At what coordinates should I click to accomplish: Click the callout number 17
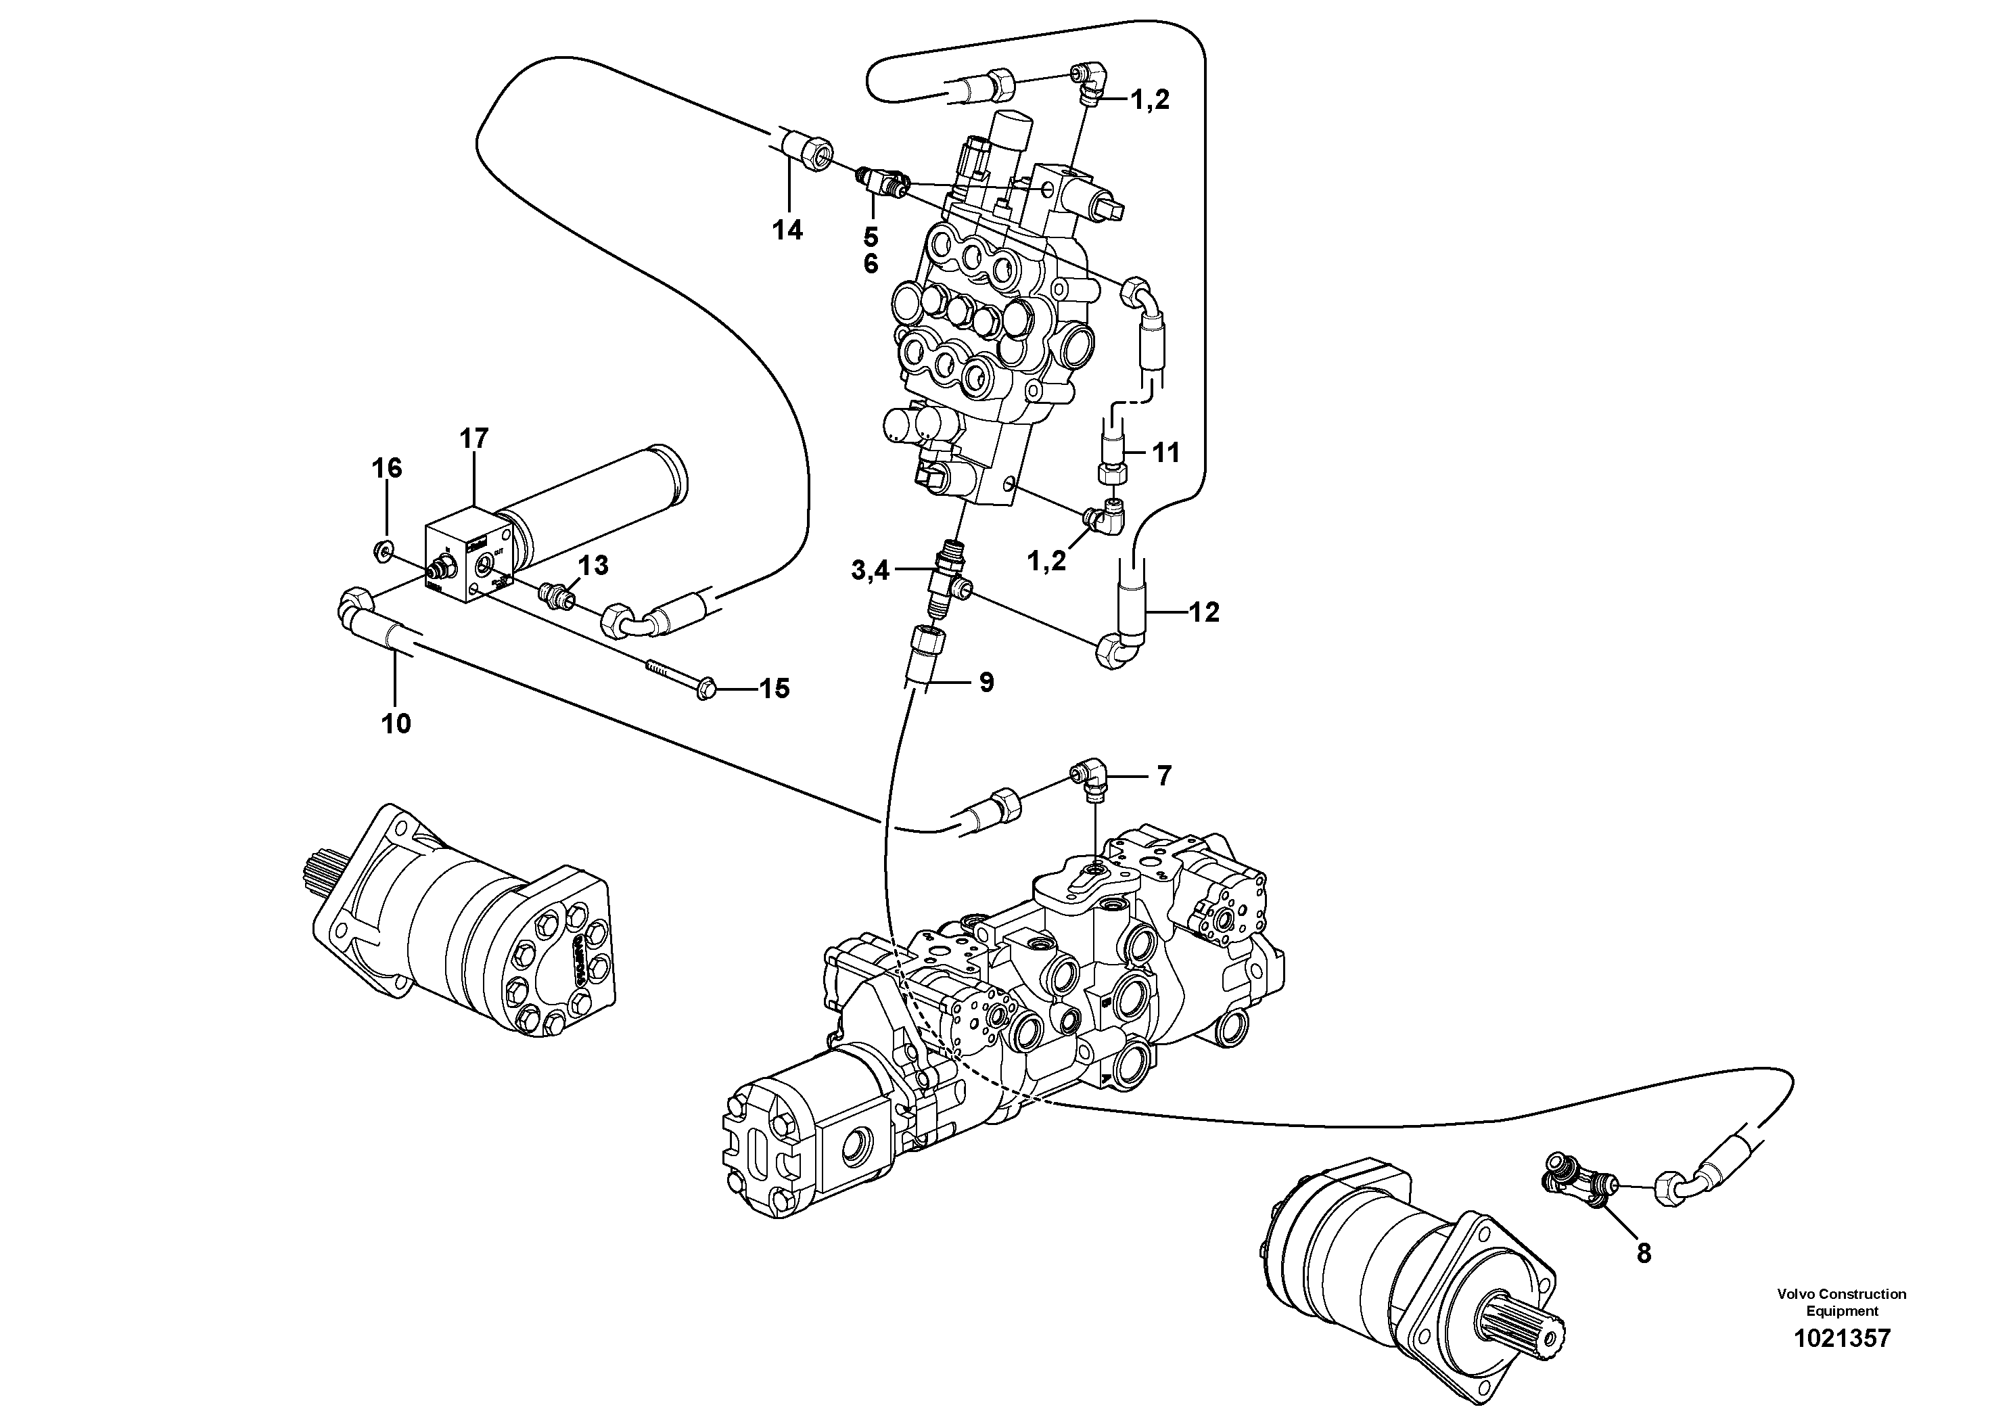coord(473,438)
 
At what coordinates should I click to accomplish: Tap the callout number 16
coord(387,468)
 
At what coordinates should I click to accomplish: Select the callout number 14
coord(787,231)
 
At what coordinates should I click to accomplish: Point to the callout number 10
coord(396,724)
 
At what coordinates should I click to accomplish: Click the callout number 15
coord(774,689)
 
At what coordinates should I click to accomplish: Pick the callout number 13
coord(594,566)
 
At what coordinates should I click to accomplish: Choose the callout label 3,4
coord(870,572)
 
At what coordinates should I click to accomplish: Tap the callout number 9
coord(986,682)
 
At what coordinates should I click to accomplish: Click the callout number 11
coord(1166,453)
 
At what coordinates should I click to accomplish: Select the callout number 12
coord(1205,613)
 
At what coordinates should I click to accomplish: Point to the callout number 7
coord(1163,776)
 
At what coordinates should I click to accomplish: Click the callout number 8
coord(1643,1254)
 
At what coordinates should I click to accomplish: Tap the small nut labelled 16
coord(381,551)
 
